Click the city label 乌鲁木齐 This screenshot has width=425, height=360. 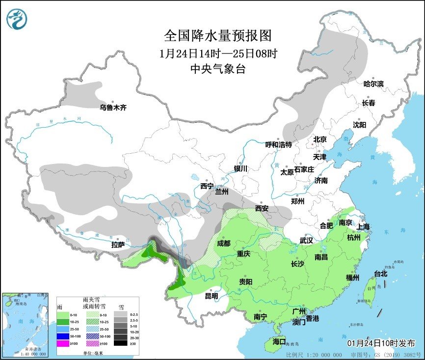click(113, 107)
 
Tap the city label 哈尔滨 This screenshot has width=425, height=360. click(373, 84)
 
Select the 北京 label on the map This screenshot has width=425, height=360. click(320, 139)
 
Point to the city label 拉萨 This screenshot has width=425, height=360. click(118, 244)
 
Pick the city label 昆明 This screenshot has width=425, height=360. click(211, 296)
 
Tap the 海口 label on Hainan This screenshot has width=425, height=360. click(279, 342)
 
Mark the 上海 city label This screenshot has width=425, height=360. click(364, 226)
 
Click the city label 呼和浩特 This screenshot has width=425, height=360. click(279, 144)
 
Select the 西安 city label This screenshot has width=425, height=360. click(262, 208)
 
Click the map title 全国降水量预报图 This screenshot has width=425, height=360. click(217, 36)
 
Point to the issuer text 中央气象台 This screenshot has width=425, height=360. click(217, 69)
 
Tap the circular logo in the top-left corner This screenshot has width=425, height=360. click(17, 18)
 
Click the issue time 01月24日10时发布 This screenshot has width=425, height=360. click(381, 342)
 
